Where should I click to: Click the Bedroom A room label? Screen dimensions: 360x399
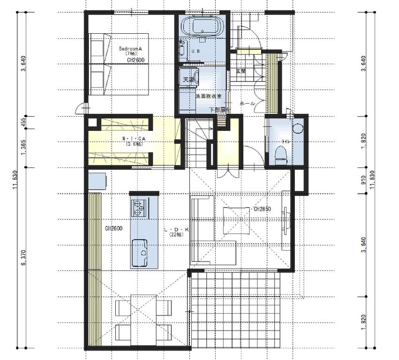click(x=130, y=49)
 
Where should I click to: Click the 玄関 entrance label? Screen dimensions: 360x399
click(x=241, y=71)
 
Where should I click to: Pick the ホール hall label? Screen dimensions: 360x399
click(x=247, y=103)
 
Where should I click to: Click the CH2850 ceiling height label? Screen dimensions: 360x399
click(x=263, y=209)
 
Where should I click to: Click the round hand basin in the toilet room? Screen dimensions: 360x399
click(x=297, y=128)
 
